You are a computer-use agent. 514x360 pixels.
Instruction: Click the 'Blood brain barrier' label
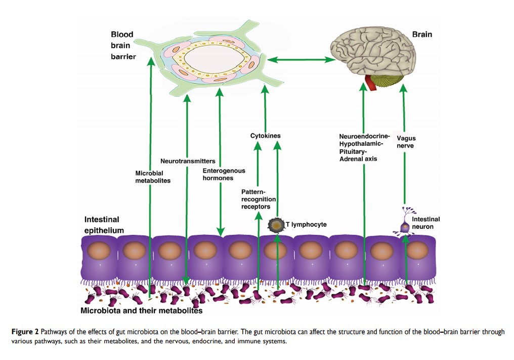pyautogui.click(x=123, y=46)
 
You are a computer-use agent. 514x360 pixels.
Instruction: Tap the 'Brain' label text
pyautogui.click(x=422, y=35)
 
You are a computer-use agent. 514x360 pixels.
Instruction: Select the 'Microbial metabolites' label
pyautogui.click(x=153, y=177)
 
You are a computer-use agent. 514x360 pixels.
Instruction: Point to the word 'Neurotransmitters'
pyautogui.click(x=188, y=161)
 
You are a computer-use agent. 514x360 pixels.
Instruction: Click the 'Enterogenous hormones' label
pyautogui.click(x=224, y=174)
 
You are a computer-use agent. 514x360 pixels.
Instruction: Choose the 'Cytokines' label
pyautogui.click(x=265, y=136)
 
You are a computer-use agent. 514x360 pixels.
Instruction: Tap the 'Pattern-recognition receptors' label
pyautogui.click(x=259, y=199)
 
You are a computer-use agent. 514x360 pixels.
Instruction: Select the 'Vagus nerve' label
pyautogui.click(x=406, y=142)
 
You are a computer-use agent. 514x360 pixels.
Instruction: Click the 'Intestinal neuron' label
pyautogui.click(x=425, y=223)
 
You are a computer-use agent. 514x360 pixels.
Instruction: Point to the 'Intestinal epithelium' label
pyautogui.click(x=104, y=225)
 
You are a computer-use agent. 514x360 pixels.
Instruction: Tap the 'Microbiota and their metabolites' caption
pyautogui.click(x=142, y=310)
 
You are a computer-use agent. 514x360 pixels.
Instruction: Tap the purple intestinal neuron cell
pyautogui.click(x=405, y=228)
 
